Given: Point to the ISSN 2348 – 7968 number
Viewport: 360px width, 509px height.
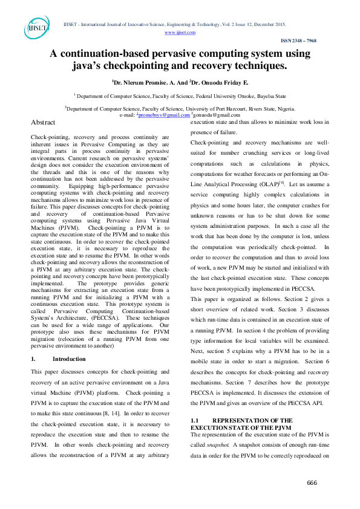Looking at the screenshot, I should (x=298, y=41).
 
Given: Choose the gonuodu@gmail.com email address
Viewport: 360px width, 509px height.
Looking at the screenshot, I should (x=217, y=114).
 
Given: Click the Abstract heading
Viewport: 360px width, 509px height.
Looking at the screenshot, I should (x=47, y=122).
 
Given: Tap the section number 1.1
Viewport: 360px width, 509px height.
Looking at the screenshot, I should (x=195, y=420).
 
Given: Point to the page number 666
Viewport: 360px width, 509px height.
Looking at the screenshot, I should (x=312, y=482).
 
